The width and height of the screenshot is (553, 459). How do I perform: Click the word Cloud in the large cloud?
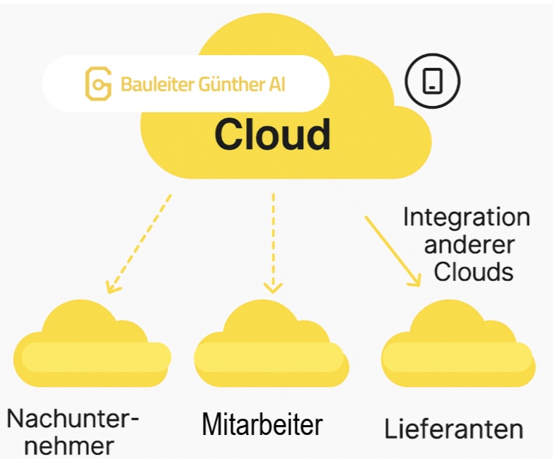(272, 134)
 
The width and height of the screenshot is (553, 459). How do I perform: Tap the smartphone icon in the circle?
(432, 81)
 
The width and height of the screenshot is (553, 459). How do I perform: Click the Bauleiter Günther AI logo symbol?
(98, 83)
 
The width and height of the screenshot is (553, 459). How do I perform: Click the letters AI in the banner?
(278, 85)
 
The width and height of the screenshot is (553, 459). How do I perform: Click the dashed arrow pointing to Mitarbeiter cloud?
(273, 240)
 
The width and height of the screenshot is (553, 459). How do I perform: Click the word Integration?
(466, 217)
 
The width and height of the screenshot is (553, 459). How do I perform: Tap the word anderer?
(469, 244)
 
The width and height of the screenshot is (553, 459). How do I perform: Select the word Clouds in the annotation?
(473, 272)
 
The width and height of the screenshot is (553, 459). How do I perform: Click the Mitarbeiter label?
(262, 424)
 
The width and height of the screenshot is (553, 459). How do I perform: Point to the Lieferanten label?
(454, 429)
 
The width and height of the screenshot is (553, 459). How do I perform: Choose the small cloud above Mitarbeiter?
(271, 344)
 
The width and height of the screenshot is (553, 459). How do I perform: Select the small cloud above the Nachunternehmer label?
(92, 345)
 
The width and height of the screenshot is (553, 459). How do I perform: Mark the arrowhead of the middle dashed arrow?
(273, 287)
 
